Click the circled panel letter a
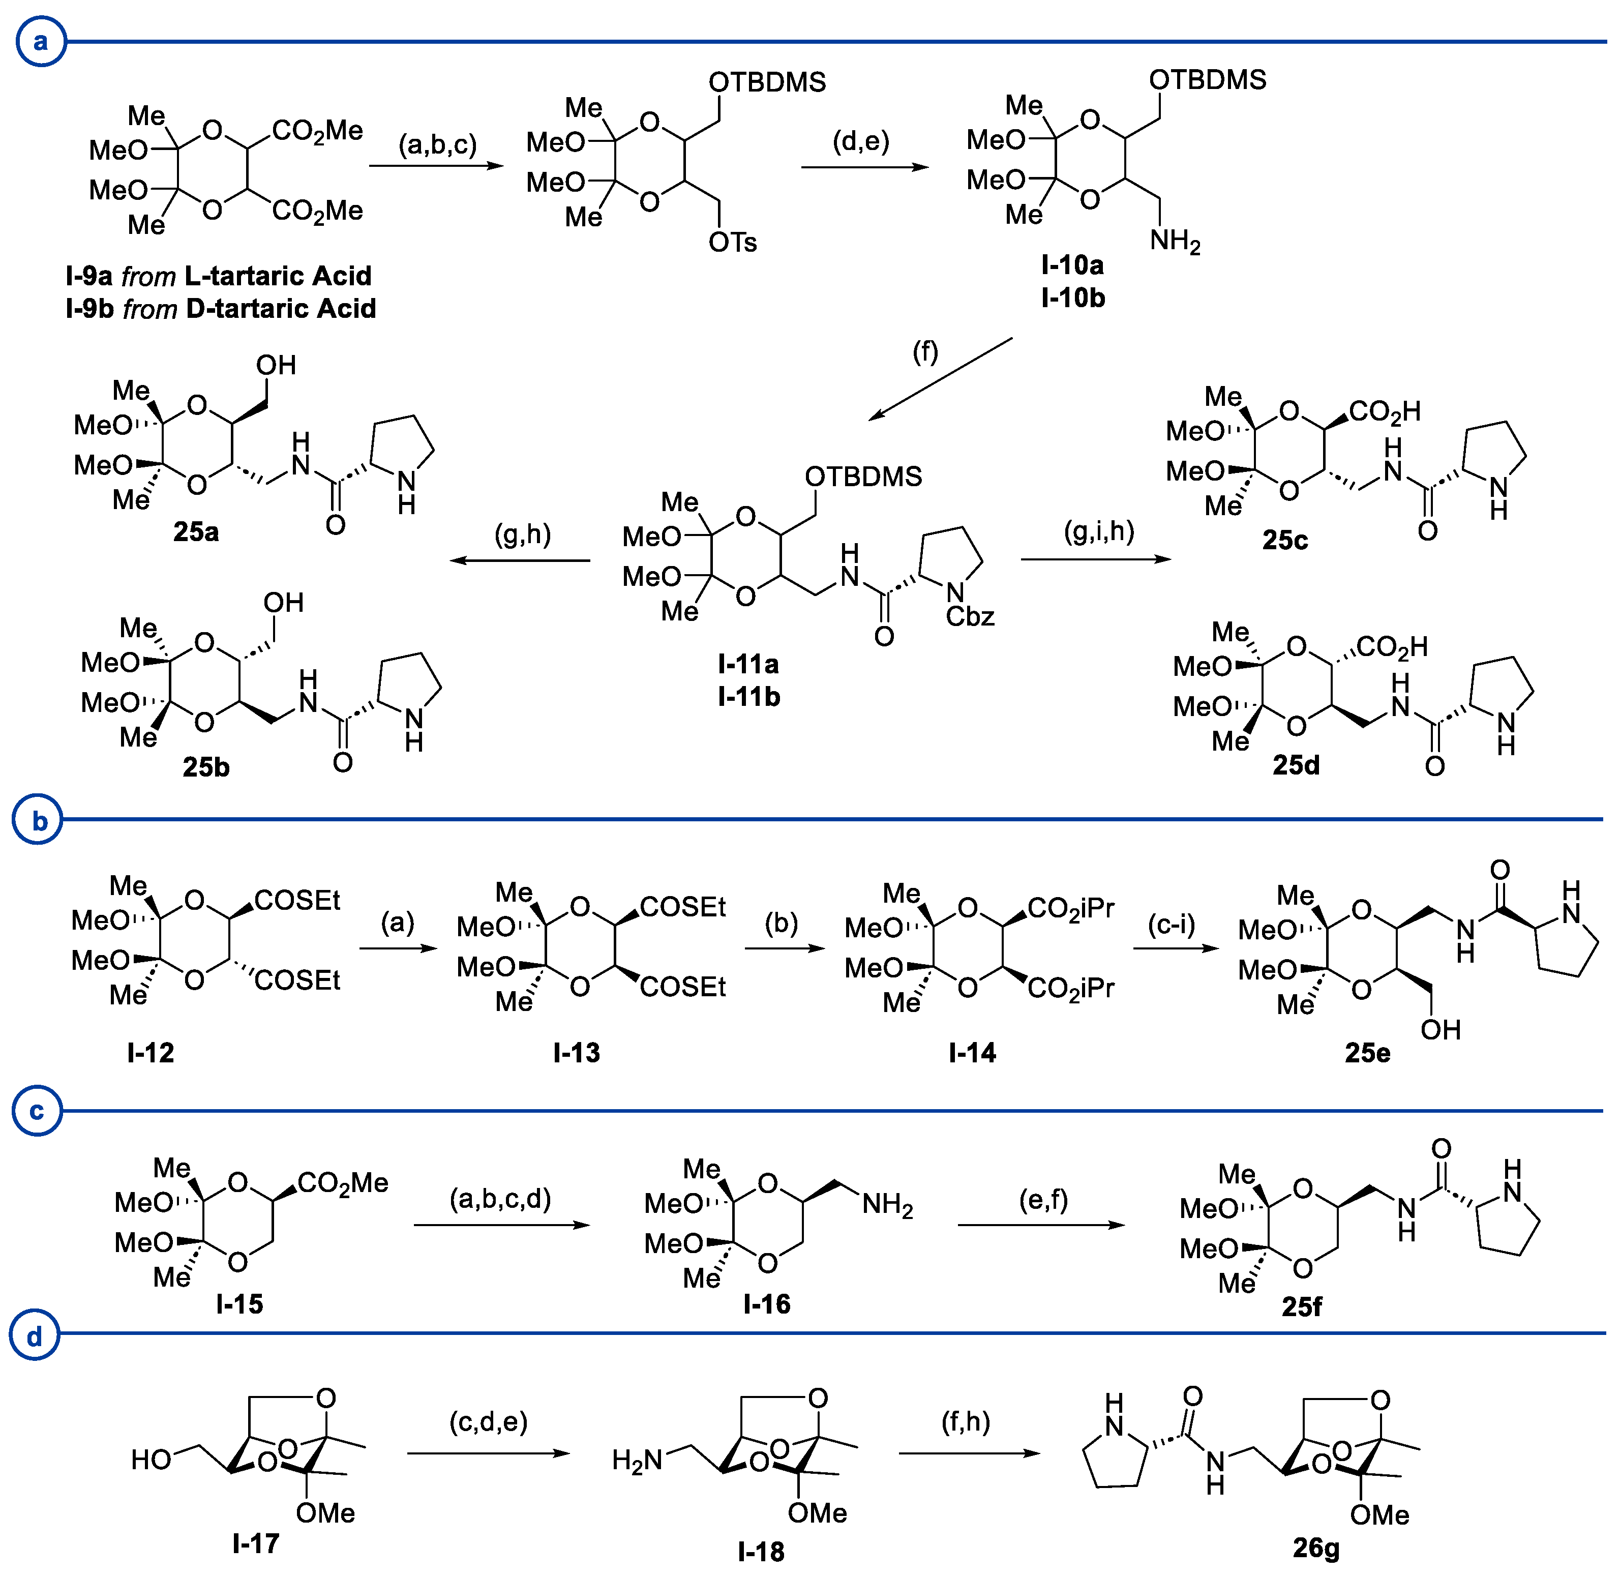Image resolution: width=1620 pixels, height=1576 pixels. click(40, 41)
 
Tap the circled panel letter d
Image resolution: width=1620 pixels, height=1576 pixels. click(34, 1337)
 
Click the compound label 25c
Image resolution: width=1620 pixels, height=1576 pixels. click(1285, 540)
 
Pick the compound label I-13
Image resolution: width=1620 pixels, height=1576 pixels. click(576, 1053)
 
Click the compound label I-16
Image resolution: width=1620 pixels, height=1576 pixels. click(767, 1304)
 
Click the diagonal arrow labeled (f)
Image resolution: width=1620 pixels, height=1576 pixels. click(940, 379)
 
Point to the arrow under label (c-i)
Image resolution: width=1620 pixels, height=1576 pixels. click(1176, 948)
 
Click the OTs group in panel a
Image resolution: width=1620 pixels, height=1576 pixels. click(733, 243)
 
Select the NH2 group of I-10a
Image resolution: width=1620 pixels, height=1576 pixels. click(1175, 241)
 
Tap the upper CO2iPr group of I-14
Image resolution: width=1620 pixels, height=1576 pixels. click(1070, 909)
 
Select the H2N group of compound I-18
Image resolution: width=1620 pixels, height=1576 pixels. click(637, 1460)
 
